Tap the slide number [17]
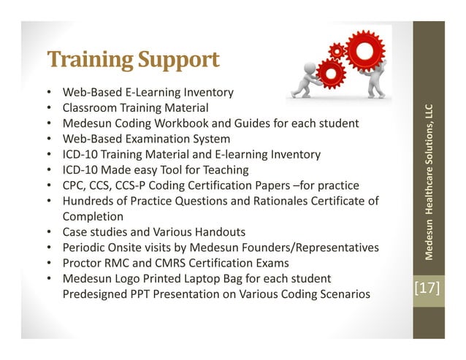click(x=427, y=288)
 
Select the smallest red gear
click(x=337, y=50)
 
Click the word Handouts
click(x=213, y=232)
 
